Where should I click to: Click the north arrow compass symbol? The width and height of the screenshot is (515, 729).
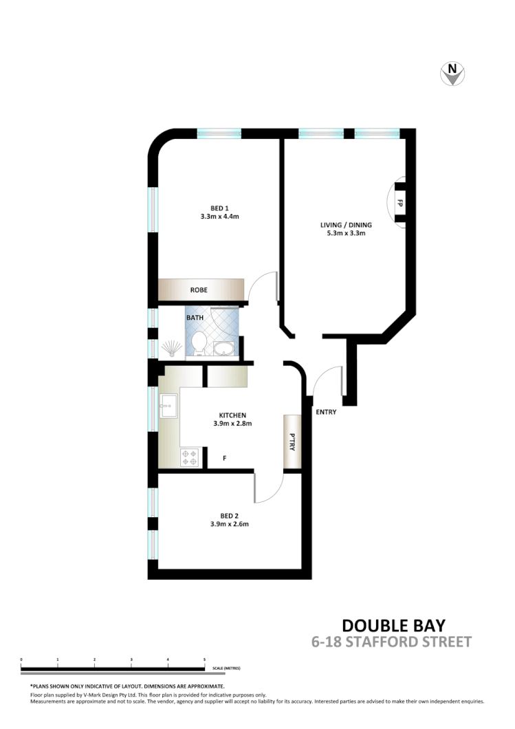(x=452, y=73)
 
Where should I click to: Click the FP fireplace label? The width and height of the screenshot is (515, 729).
(x=399, y=203)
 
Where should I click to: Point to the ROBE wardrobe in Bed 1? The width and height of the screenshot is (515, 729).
(x=200, y=290)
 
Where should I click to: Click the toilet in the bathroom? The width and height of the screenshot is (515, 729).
(x=199, y=342)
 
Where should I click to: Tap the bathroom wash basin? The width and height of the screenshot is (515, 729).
(x=223, y=349)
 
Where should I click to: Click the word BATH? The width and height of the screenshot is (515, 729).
(x=195, y=318)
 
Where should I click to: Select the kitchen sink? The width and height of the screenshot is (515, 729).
(x=169, y=407)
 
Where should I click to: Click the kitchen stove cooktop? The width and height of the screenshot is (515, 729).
(x=190, y=457)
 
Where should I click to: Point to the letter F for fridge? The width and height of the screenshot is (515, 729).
(x=223, y=457)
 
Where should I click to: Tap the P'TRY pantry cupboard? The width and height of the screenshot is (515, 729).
(x=292, y=442)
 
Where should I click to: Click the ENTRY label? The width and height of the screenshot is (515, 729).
(x=326, y=412)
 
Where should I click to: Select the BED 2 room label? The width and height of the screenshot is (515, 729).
(x=229, y=515)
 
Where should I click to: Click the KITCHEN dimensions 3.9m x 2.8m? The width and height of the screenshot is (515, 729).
(x=232, y=424)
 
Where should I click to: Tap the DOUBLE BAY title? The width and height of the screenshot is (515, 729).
(x=393, y=625)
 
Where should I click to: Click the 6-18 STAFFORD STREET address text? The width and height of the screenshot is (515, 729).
(x=392, y=642)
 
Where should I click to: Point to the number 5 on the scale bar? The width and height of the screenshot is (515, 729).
(x=204, y=660)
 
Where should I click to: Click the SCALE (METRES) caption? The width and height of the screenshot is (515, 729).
(x=226, y=668)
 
